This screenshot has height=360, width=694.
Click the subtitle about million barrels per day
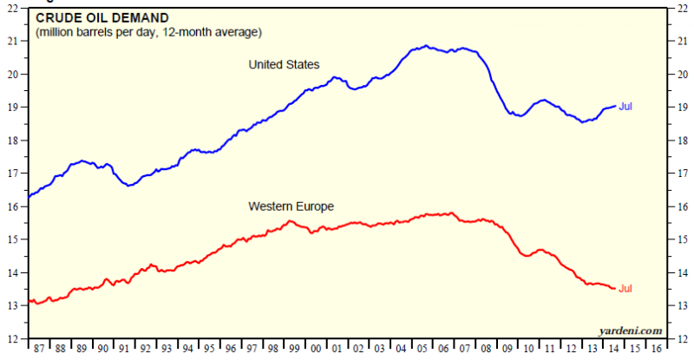tap(148, 32)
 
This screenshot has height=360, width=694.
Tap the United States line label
tap(284, 64)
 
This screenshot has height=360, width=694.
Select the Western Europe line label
tap(291, 206)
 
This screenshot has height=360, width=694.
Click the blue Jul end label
tap(625, 106)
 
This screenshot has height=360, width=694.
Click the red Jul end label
tap(625, 288)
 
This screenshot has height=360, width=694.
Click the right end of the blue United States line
tap(615, 106)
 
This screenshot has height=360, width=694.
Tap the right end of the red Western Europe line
tap(615, 289)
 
